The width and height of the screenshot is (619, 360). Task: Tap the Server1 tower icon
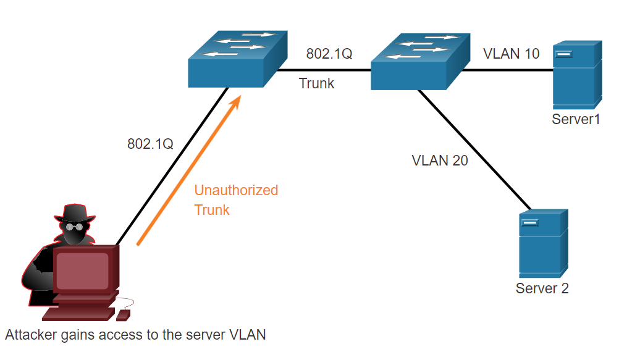(x=577, y=74)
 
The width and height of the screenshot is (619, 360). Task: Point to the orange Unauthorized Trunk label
(x=236, y=199)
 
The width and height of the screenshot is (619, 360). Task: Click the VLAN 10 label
(x=511, y=54)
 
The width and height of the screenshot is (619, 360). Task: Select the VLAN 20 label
(x=440, y=161)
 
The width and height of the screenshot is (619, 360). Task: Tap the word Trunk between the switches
(x=316, y=83)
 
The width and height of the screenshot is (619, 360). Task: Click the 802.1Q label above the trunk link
(x=329, y=54)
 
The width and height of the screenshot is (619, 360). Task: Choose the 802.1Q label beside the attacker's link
(x=150, y=144)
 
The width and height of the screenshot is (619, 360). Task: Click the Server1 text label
(x=576, y=119)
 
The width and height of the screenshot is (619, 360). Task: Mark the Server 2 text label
(x=542, y=288)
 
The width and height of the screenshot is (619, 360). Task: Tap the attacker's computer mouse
(x=123, y=315)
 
